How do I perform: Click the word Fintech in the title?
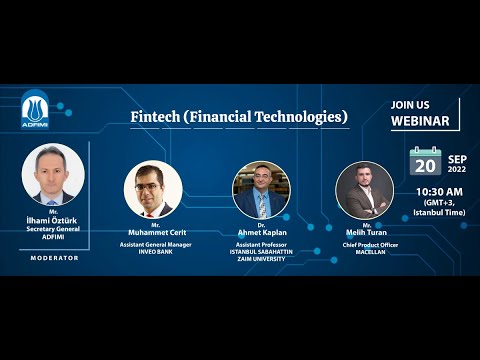pyautogui.click(x=154, y=117)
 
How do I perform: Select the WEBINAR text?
pyautogui.click(x=419, y=122)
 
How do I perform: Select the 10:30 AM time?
pyautogui.click(x=438, y=191)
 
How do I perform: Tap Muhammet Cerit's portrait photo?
pyautogui.click(x=152, y=190)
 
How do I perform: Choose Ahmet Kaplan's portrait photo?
pyautogui.click(x=261, y=190)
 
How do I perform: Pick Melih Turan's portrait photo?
pyautogui.click(x=364, y=190)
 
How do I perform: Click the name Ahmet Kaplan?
pyautogui.click(x=261, y=232)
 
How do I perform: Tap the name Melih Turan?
pyautogui.click(x=366, y=233)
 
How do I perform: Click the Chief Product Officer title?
pyautogui.click(x=366, y=244)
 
